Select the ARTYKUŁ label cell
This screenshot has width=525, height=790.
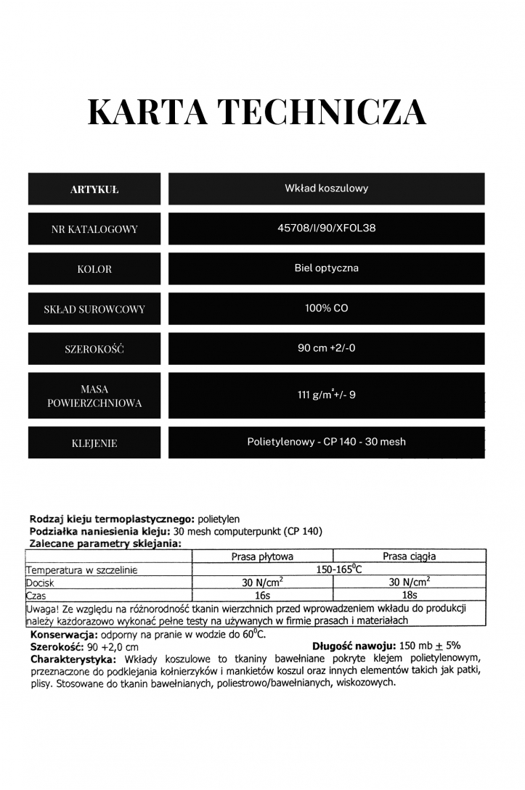tap(94, 189)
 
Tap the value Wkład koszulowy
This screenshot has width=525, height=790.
tap(326, 189)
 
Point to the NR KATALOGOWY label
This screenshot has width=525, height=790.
tap(94, 229)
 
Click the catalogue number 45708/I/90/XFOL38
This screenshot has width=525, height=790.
tap(326, 228)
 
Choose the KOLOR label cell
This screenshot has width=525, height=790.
tap(94, 269)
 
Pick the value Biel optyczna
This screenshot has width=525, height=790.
tap(326, 268)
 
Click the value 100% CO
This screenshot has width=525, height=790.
tap(326, 308)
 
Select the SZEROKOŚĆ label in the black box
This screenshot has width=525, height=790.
tap(94, 349)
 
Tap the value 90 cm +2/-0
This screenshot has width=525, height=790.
tap(326, 348)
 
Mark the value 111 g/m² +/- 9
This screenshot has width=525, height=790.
tap(326, 395)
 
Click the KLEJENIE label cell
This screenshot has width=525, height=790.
tap(94, 443)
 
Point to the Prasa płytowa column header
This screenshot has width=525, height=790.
tap(262, 556)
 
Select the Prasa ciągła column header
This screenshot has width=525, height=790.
tap(410, 556)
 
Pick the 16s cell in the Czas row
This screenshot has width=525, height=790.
tap(262, 596)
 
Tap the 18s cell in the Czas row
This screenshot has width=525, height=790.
tap(410, 596)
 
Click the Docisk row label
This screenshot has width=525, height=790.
tap(40, 583)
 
